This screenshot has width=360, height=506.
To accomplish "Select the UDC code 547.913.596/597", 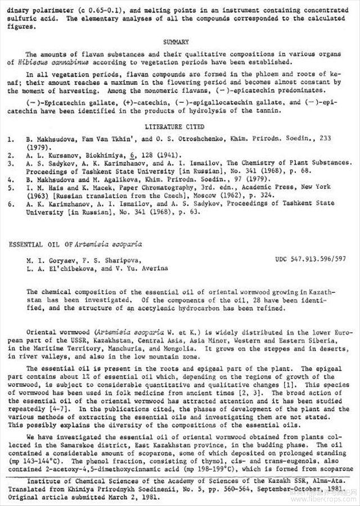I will point(310,260).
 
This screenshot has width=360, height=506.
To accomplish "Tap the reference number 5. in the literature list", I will point(11,189).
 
